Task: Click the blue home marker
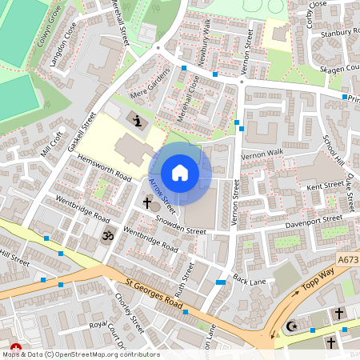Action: point(180,173)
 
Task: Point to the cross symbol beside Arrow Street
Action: point(147,204)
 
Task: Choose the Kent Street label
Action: point(325,186)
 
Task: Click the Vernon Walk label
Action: point(263,153)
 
